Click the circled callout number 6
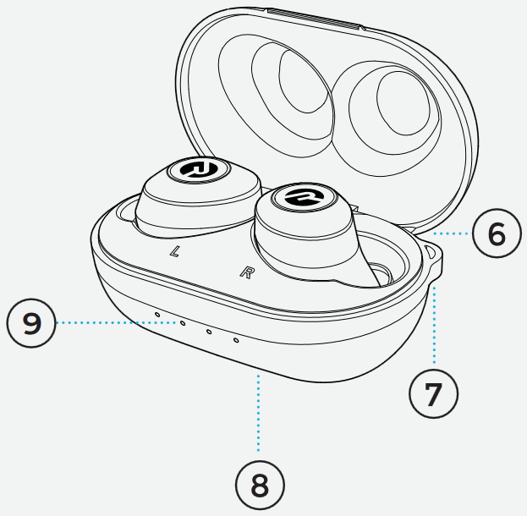point(496,233)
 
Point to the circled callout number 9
point(31,323)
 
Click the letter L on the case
point(174,252)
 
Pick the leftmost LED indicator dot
point(157,313)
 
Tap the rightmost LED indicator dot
point(235,340)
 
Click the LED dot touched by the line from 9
point(181,322)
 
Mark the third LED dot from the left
point(208,331)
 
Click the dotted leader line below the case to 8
point(259,414)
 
